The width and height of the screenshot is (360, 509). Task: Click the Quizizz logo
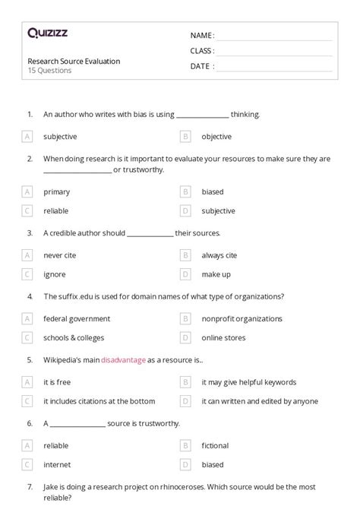[x=47, y=33]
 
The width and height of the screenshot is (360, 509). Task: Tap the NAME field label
[x=202, y=36]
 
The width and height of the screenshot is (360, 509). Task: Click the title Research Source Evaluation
[x=74, y=61]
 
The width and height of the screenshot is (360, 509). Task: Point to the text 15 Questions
[x=49, y=71]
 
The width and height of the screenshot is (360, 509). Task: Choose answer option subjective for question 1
[x=60, y=137]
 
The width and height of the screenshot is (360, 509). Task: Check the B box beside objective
[x=185, y=137]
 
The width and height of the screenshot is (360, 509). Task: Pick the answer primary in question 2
[x=56, y=192]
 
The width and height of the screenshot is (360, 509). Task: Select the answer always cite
[x=219, y=255]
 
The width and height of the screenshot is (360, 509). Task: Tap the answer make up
[x=216, y=274]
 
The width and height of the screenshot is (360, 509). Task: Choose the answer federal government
[x=77, y=319]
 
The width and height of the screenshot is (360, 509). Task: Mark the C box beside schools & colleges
[x=27, y=337]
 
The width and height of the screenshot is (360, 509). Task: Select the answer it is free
[x=58, y=382]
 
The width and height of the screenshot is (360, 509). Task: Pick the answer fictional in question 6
[x=215, y=446]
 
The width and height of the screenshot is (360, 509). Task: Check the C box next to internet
[x=27, y=464]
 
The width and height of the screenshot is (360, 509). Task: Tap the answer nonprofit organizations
[x=242, y=319]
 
